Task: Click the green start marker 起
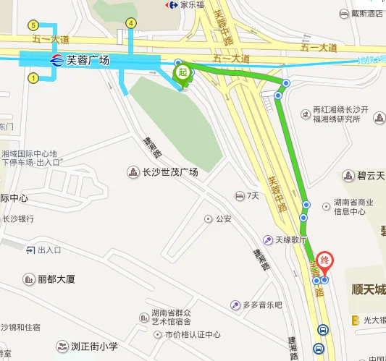pyautogui.click(x=183, y=72)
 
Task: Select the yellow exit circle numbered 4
pyautogui.click(x=130, y=23)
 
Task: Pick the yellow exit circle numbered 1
pyautogui.click(x=33, y=77)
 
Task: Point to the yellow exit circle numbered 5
pyautogui.click(x=33, y=23)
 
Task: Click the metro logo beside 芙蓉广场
pyautogui.click(x=56, y=61)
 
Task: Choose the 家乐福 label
pyautogui.click(x=193, y=5)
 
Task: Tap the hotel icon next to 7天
pyautogui.click(x=239, y=196)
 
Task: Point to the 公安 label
pyautogui.click(x=223, y=218)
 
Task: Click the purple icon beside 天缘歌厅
pyautogui.click(x=267, y=239)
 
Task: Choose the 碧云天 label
pyautogui.click(x=370, y=176)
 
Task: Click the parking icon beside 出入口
pyautogui.click(x=30, y=250)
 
